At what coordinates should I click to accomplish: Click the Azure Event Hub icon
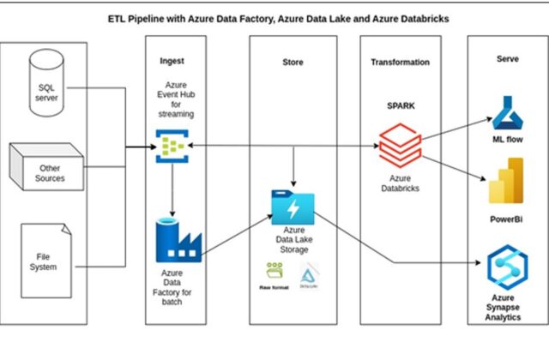coord(172,147)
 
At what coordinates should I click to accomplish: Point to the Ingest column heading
coord(172,62)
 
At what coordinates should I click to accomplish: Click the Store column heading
coord(293,62)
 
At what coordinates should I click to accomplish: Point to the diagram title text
coord(274,18)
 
